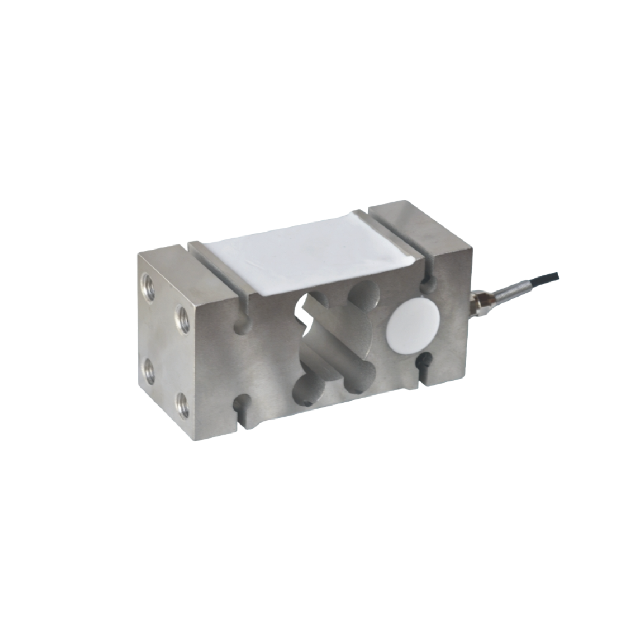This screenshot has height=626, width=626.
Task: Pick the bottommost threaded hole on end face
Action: click(x=183, y=405)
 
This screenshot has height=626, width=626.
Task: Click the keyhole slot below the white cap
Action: click(x=424, y=364)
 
